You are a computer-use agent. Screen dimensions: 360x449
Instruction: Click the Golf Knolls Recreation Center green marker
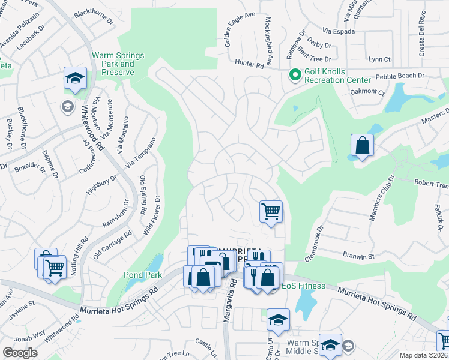pyautogui.click(x=294, y=75)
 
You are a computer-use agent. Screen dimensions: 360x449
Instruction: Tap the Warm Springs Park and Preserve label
pyautogui.click(x=118, y=64)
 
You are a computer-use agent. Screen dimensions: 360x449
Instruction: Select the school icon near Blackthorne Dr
pyautogui.click(x=76, y=79)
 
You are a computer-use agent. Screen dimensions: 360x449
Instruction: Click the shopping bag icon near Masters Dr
pyautogui.click(x=362, y=145)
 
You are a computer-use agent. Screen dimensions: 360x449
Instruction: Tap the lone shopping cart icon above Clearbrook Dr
pyautogui.click(x=271, y=211)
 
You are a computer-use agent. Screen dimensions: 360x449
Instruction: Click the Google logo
pyautogui.click(x=20, y=352)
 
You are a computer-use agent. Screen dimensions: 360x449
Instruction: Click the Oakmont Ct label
pyautogui.click(x=367, y=92)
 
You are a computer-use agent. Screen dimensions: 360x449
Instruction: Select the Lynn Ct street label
pyautogui.click(x=379, y=59)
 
